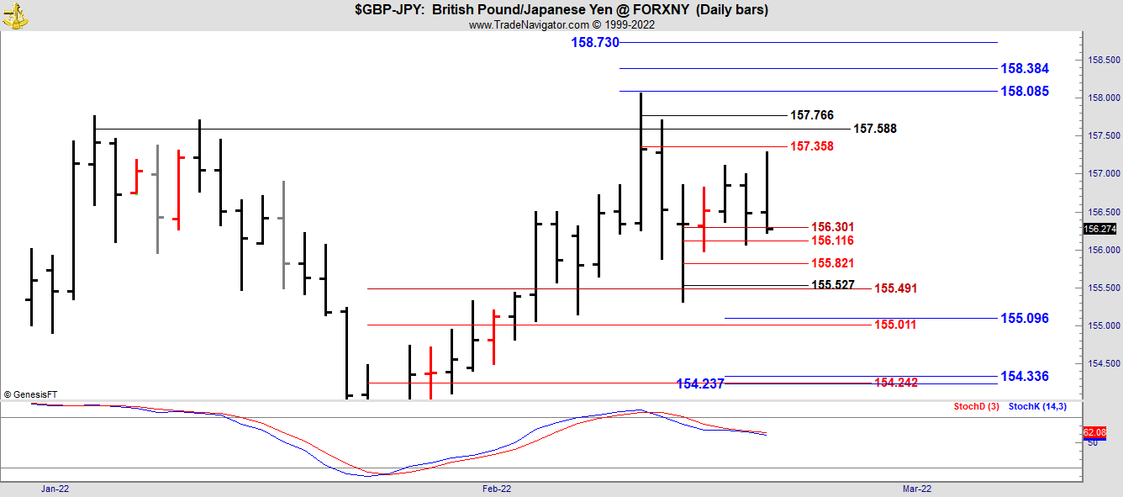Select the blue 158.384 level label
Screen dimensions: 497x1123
pos(1025,69)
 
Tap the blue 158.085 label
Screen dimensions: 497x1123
pos(1025,92)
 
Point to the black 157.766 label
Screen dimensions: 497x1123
pos(812,115)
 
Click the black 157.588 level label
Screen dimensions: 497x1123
pos(875,129)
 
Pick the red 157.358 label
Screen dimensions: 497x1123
pos(812,146)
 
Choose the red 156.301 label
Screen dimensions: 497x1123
pos(832,227)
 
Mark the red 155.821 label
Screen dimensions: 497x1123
pos(832,263)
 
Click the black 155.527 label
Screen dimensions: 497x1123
pos(832,285)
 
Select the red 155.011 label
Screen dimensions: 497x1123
pos(895,325)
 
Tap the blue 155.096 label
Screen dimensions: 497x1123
pos(1025,319)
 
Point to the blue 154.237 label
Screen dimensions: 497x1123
pos(700,384)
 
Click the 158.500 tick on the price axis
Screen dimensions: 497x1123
pos(1104,61)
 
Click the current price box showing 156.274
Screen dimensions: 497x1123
pos(1099,229)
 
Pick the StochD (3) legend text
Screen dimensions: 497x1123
pos(976,407)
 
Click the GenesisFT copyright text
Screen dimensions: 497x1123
pos(30,394)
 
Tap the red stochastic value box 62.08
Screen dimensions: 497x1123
pos(1094,432)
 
